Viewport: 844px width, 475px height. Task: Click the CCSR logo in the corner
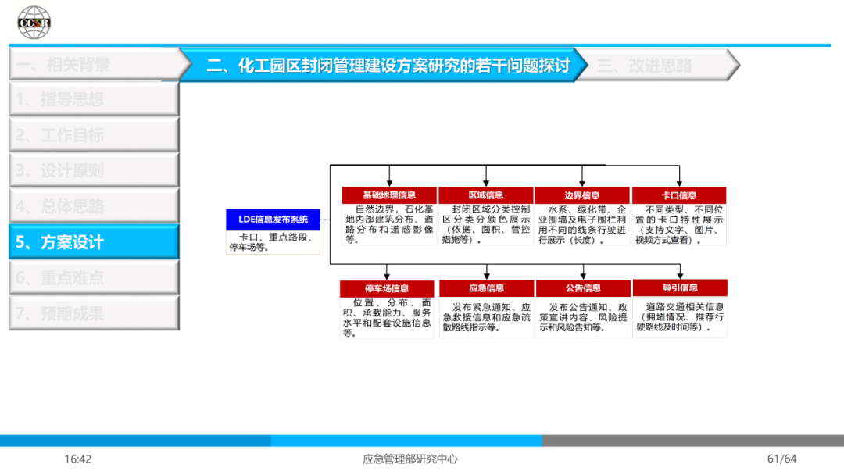point(34,22)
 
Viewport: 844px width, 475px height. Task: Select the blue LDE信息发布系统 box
point(274,220)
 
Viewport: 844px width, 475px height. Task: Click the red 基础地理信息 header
point(389,195)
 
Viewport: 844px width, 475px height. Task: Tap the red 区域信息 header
point(485,195)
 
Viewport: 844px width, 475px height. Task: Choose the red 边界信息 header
point(582,195)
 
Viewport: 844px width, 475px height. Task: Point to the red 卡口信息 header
point(678,195)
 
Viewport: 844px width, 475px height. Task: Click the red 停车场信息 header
point(387,288)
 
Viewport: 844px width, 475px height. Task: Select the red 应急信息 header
point(486,288)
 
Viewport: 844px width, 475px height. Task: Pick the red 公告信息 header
point(583,288)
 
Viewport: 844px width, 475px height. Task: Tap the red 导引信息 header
point(679,287)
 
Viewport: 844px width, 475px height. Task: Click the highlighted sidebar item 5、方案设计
point(94,242)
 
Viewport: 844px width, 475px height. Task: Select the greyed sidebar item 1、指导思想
point(94,99)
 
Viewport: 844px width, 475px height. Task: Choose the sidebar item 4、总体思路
point(94,206)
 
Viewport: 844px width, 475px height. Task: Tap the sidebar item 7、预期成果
point(94,313)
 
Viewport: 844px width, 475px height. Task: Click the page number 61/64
point(781,459)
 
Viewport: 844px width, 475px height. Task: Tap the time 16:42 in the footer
point(78,459)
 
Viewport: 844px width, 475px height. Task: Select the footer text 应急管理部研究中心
point(410,459)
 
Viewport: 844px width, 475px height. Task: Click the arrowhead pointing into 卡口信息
point(679,183)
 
